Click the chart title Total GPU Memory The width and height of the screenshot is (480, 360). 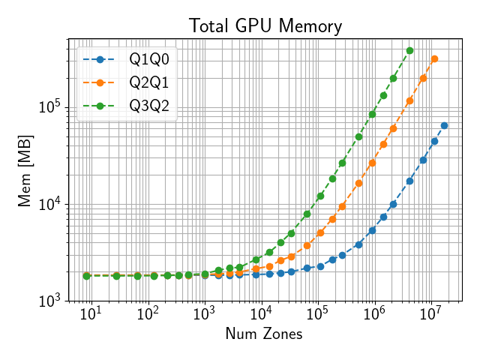[265, 26]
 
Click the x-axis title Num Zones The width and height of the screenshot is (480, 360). [264, 334]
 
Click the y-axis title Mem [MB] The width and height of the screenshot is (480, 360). [25, 169]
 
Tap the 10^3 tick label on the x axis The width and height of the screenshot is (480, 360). [204, 313]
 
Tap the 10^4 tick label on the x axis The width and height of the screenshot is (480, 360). [260, 313]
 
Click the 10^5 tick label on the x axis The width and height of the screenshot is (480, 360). [317, 313]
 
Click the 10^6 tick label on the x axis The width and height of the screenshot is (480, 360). [373, 313]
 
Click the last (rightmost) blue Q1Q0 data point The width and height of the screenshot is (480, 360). [444, 125]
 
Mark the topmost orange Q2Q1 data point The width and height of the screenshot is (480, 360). [434, 58]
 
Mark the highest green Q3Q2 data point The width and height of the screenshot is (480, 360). [409, 50]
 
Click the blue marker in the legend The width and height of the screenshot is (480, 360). [100, 59]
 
